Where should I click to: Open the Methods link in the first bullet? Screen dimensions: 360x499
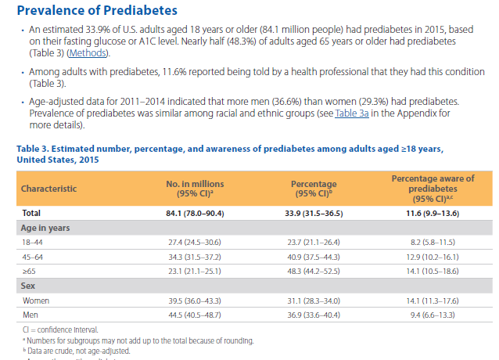[88, 53]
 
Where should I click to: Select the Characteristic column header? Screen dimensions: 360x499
[49, 189]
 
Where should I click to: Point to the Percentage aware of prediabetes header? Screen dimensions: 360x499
[433, 188]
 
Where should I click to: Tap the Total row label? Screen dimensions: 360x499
[31, 212]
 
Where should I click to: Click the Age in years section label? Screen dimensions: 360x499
[46, 228]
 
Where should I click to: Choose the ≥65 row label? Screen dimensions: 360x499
[30, 271]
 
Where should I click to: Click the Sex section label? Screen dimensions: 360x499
[28, 286]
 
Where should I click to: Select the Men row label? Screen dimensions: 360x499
[31, 315]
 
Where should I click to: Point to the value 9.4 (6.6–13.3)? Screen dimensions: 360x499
[433, 315]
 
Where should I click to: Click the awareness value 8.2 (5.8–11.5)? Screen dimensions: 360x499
[433, 243]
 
